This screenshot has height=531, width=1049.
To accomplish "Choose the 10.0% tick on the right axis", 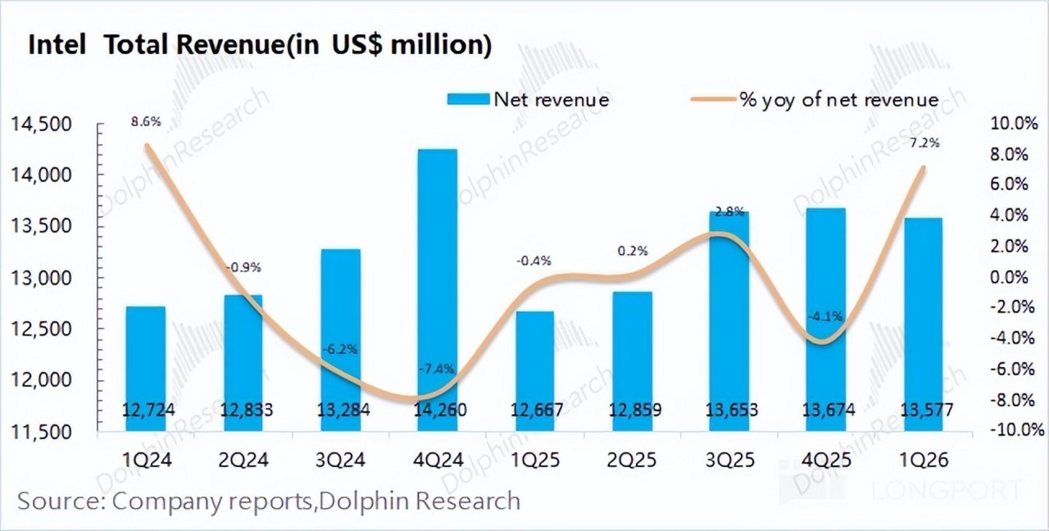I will tap(1013, 125).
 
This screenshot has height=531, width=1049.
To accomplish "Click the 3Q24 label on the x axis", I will tap(340, 461).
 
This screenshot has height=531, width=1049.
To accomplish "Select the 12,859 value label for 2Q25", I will tap(632, 410).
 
